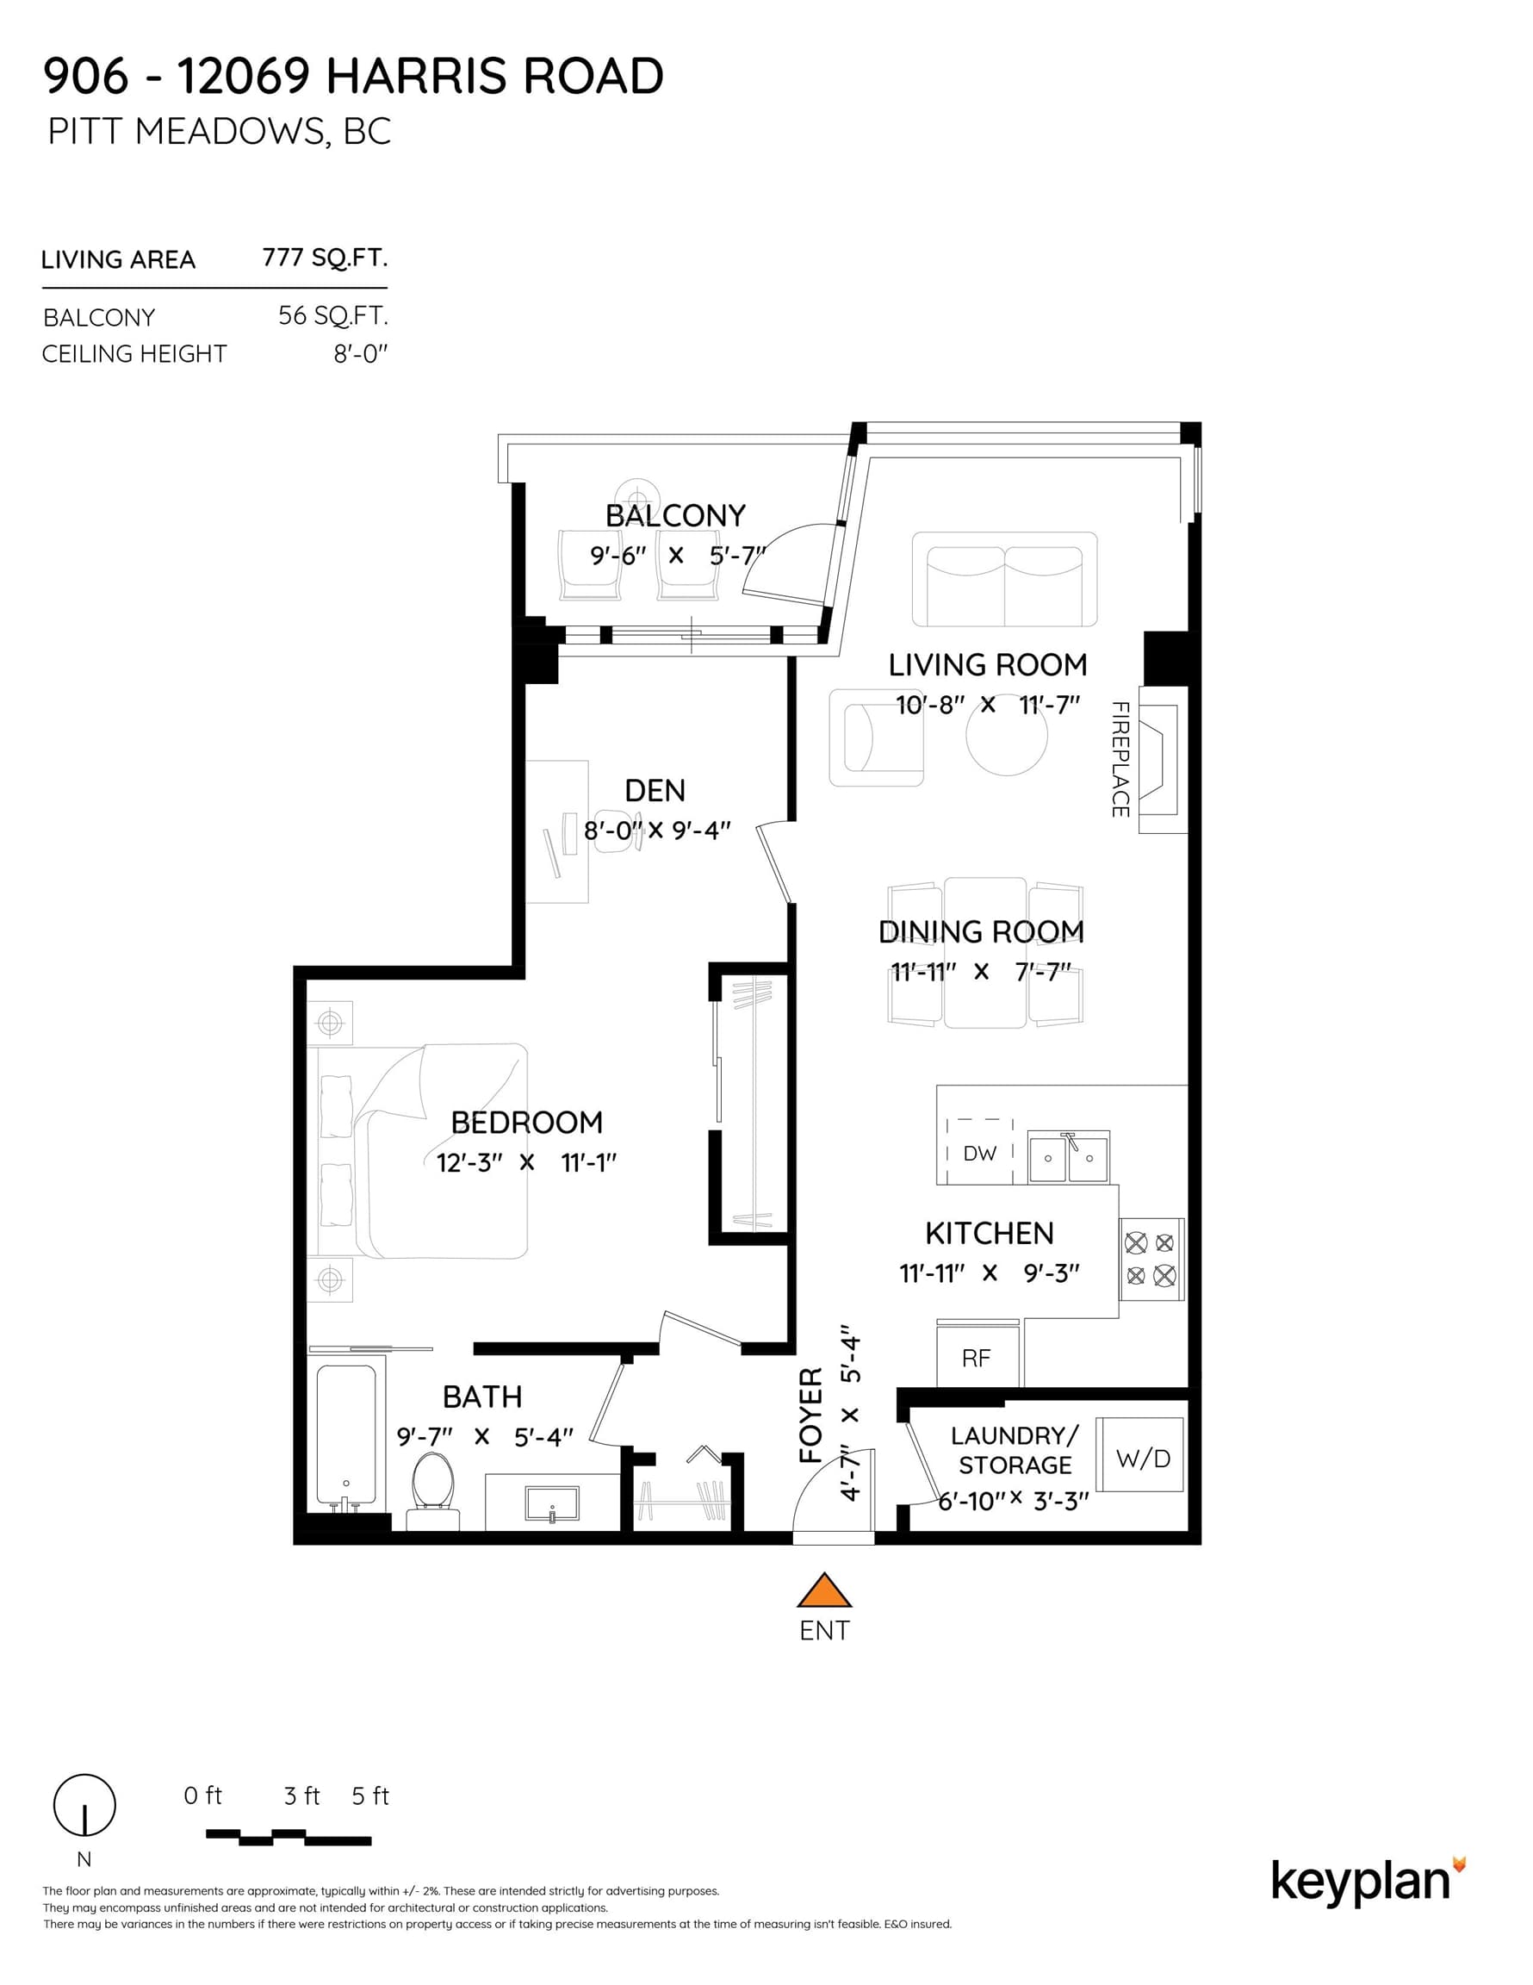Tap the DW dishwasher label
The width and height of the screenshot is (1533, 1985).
(979, 1154)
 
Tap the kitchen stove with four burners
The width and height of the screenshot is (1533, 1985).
(1151, 1259)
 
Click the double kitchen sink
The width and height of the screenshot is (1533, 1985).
(1068, 1157)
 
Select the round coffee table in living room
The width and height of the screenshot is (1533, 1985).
(1007, 735)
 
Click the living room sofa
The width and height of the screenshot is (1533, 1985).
(1004, 579)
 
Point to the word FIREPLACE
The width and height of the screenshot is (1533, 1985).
(1120, 759)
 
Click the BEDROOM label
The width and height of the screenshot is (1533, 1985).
(527, 1123)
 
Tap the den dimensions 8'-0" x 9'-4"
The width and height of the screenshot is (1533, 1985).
(657, 831)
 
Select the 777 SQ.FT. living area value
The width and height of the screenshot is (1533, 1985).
(326, 258)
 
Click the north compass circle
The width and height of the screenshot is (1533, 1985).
(84, 1805)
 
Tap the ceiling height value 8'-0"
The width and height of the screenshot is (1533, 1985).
(361, 353)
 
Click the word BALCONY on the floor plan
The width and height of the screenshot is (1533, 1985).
(675, 515)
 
